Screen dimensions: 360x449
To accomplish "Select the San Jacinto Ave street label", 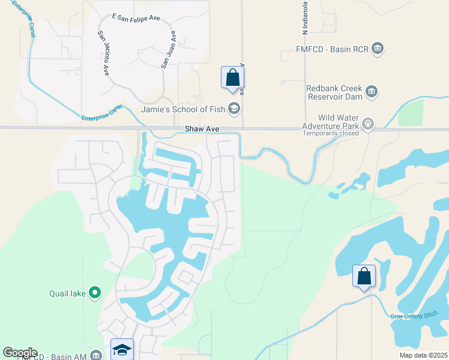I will [103, 53].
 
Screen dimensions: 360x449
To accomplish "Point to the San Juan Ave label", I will [168, 49].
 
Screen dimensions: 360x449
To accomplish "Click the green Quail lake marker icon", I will [94, 293].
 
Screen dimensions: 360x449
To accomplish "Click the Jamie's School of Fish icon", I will [234, 109].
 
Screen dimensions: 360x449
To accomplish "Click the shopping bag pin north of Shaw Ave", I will [233, 78].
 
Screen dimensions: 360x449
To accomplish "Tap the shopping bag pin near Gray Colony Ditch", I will [364, 277].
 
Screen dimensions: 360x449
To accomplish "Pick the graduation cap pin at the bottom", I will [122, 350].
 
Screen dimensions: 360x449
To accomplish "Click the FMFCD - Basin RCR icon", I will [378, 49].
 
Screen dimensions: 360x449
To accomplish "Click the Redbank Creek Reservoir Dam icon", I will [372, 91].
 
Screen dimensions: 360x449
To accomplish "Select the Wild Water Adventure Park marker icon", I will [368, 125].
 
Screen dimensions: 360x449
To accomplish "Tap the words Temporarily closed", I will [330, 133].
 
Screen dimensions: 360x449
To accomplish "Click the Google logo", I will [20, 353].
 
